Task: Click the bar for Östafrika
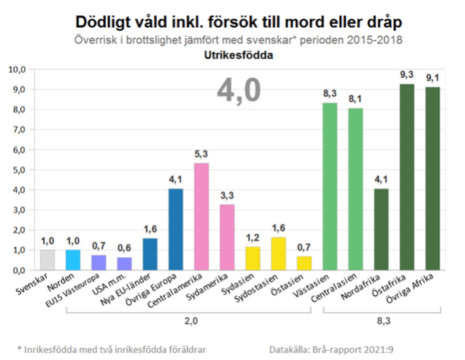tap(406, 177)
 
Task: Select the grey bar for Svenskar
tap(47, 260)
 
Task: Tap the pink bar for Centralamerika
tap(201, 216)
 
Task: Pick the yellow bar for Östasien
tap(303, 263)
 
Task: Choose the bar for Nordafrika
tap(381, 229)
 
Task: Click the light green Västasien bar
tap(329, 186)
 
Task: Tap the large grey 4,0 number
tap(239, 91)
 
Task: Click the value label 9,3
tap(406, 75)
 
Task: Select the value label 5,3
tap(201, 154)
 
